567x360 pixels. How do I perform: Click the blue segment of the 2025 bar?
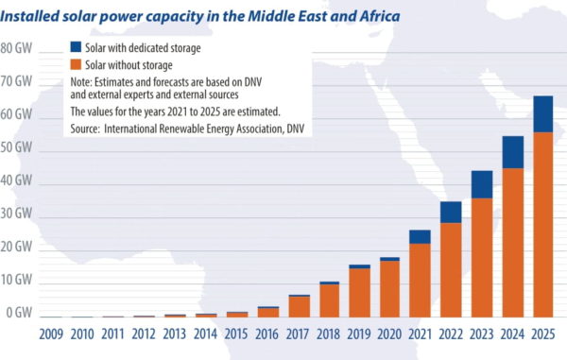pyautogui.click(x=542, y=113)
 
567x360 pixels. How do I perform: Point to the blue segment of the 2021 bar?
pyautogui.click(x=421, y=236)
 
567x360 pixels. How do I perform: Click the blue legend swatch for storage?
pyautogui.click(x=76, y=47)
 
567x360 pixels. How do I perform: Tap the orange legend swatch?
pyautogui.click(x=76, y=64)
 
